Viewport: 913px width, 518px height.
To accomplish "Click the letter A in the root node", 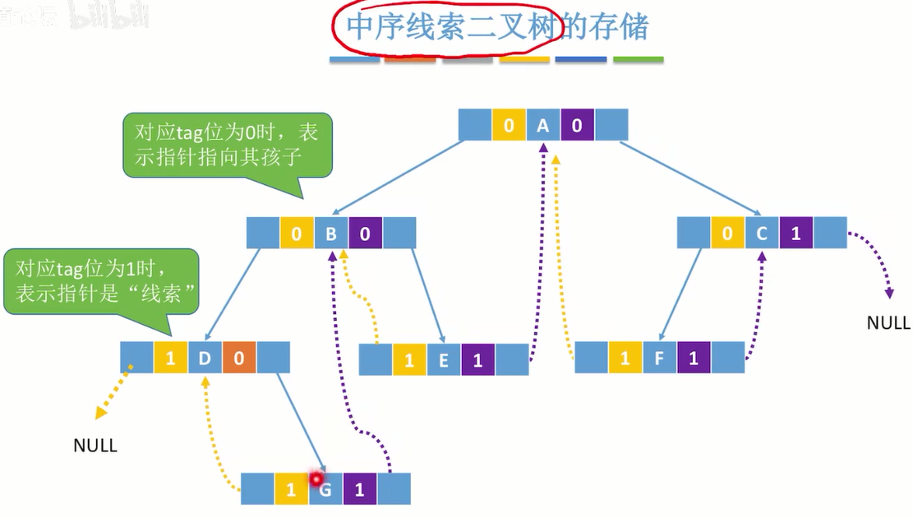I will click(542, 126).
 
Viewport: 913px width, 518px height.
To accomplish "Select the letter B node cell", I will click(331, 234).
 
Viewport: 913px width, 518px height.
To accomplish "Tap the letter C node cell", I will click(762, 234).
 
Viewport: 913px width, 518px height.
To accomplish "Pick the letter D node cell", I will click(205, 358).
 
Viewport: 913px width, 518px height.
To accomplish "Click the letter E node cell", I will click(444, 360).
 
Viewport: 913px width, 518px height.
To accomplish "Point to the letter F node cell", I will click(660, 358).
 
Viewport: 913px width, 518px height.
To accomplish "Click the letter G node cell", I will click(326, 490).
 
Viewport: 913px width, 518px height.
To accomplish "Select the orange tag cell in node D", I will click(239, 358).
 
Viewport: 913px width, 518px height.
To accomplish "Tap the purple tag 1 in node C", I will click(795, 234).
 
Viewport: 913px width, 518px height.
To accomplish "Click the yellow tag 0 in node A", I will click(509, 126).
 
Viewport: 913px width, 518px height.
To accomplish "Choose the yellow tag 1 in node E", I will click(409, 360).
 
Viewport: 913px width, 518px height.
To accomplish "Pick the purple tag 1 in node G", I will click(360, 490).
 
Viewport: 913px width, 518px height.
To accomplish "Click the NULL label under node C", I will click(888, 323).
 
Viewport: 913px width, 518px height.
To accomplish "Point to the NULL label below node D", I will click(95, 446).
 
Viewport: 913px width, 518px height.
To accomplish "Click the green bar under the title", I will click(639, 60).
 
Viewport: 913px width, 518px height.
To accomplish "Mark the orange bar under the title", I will click(410, 60).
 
